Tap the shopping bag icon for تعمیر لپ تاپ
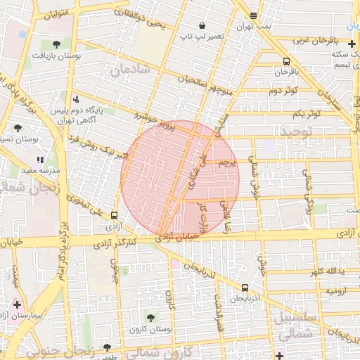tap(202, 25)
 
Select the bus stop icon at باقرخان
tap(286, 61)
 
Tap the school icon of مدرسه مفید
tap(40, 160)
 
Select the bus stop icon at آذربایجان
tap(245, 288)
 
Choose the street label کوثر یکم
tap(307, 113)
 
